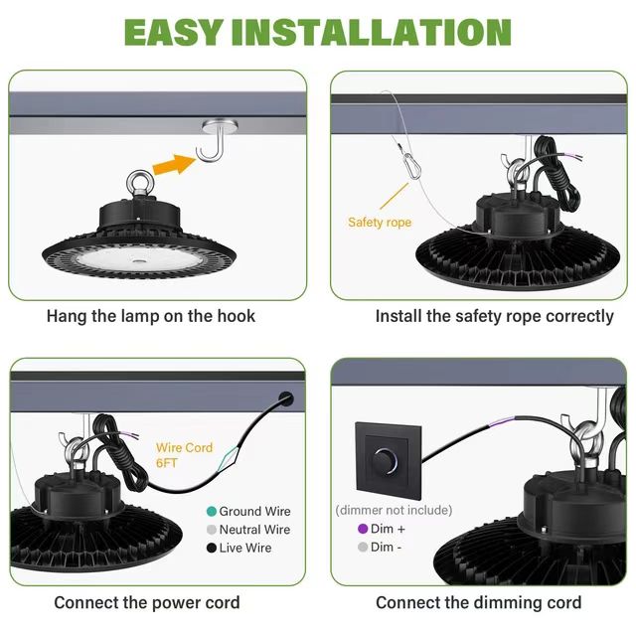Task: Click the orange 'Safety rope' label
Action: click(x=379, y=223)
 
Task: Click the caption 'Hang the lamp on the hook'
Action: click(x=151, y=316)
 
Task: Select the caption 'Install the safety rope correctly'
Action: click(x=481, y=316)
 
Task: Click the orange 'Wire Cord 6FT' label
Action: click(x=184, y=455)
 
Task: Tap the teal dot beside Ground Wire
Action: click(x=211, y=511)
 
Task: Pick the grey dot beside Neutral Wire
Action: click(x=211, y=530)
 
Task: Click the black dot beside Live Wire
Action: click(x=211, y=548)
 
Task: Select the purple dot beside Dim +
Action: click(x=363, y=529)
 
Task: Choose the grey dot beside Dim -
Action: click(x=363, y=547)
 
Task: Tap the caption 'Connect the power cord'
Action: click(x=146, y=602)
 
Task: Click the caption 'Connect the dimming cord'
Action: click(x=478, y=602)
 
